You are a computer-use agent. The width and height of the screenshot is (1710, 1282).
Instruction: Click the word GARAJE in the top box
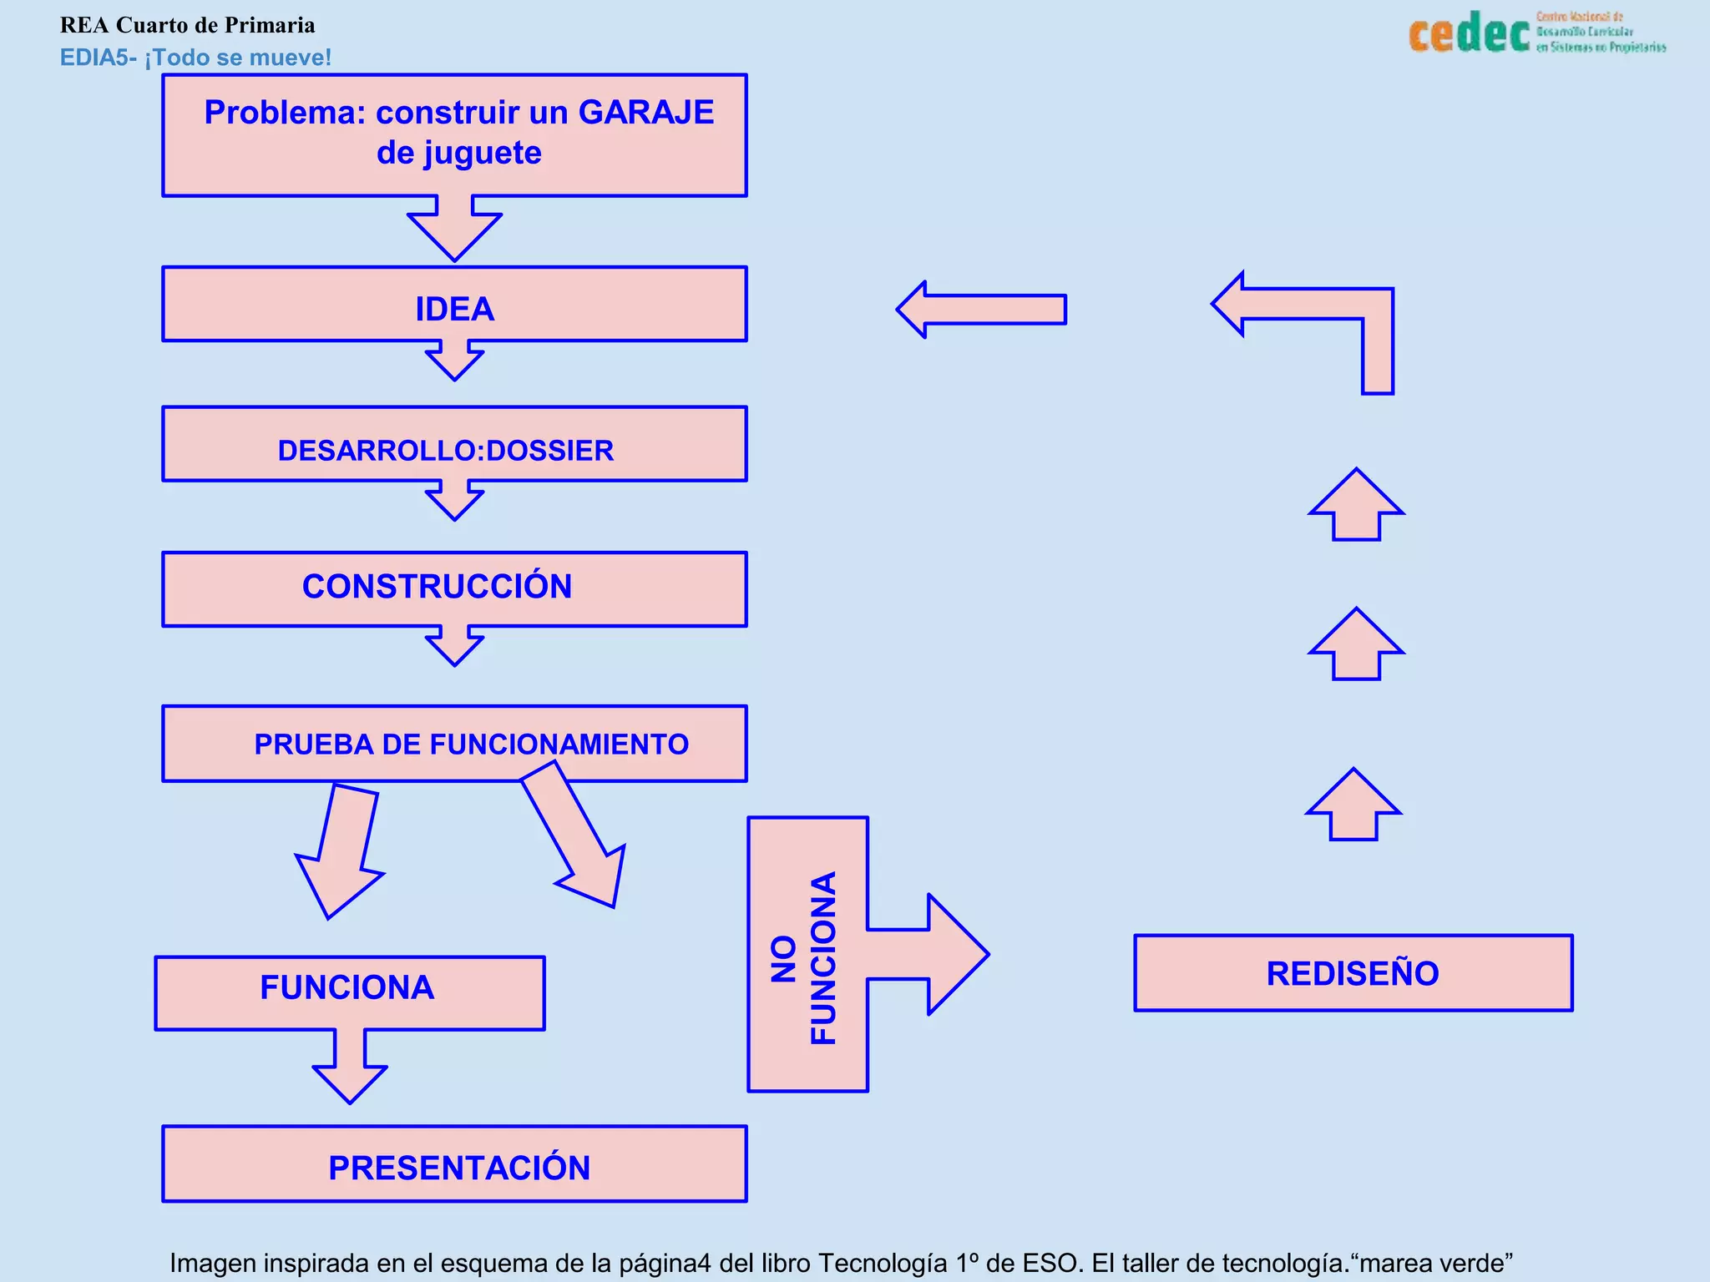645,113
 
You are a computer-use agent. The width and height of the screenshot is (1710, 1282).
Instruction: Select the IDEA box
454,305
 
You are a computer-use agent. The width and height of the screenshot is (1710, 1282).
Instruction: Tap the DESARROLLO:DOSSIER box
454,445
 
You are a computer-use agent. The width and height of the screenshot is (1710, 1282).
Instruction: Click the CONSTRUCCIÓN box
454,588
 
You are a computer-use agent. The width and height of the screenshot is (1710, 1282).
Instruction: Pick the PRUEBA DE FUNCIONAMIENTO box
454,743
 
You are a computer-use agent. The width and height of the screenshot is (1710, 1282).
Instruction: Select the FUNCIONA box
349,992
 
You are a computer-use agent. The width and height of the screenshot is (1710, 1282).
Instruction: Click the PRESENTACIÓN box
454,1164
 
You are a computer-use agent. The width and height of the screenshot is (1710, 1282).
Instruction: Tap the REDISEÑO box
1353,973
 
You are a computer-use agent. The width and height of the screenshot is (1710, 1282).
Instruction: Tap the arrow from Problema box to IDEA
454,228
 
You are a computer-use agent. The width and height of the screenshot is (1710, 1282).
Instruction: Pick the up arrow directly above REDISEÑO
1353,808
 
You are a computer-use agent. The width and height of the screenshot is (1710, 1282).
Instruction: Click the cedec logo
1470,33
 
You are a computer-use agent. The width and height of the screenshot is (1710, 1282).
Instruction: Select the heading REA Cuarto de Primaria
187,25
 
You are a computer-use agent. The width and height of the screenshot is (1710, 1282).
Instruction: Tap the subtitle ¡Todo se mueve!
238,58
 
